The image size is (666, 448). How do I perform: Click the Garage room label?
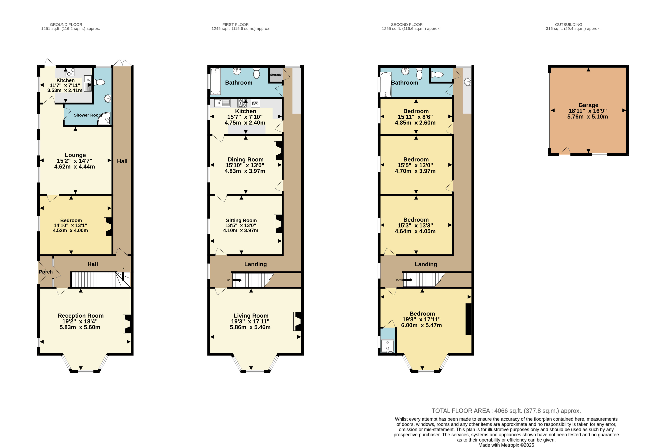(588, 105)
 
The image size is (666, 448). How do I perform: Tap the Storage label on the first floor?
(276, 75)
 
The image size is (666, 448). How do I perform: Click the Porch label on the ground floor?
(46, 272)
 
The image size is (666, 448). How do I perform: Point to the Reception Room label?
(81, 316)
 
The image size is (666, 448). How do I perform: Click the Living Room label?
(251, 316)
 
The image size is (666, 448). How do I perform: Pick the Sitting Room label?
(241, 220)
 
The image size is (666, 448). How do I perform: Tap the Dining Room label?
(246, 159)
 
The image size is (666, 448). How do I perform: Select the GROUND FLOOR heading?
(66, 25)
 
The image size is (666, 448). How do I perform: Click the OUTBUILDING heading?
(569, 25)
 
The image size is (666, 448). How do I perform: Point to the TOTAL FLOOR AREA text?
(506, 411)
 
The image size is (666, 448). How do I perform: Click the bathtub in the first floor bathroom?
(216, 81)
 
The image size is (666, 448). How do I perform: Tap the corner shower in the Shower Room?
(104, 118)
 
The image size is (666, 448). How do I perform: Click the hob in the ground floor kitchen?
(70, 72)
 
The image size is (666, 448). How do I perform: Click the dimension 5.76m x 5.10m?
(588, 117)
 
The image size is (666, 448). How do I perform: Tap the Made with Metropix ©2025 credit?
(506, 445)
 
